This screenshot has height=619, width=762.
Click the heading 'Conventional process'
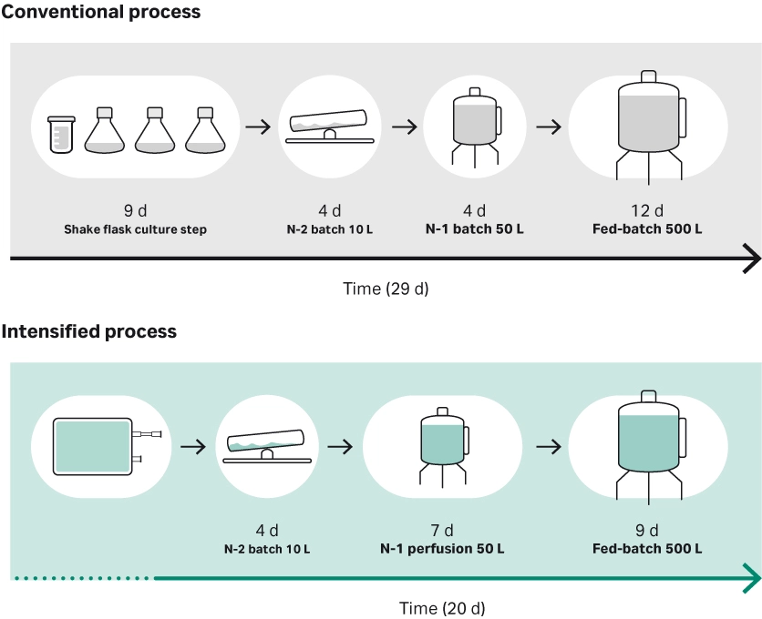pos(100,13)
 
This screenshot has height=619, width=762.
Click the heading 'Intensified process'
pos(89,332)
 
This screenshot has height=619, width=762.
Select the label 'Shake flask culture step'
pos(135,229)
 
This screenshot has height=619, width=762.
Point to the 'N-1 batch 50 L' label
pos(475,228)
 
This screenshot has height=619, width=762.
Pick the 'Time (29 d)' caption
pos(386,289)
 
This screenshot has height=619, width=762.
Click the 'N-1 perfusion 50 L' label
pos(442,549)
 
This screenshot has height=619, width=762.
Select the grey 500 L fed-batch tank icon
pos(648,124)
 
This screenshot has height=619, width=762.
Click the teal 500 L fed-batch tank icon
pos(648,444)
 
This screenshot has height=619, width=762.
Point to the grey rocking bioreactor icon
pos(328,127)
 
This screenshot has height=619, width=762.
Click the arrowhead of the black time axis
pos(751,259)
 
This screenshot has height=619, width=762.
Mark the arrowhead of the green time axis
pos(751,578)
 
